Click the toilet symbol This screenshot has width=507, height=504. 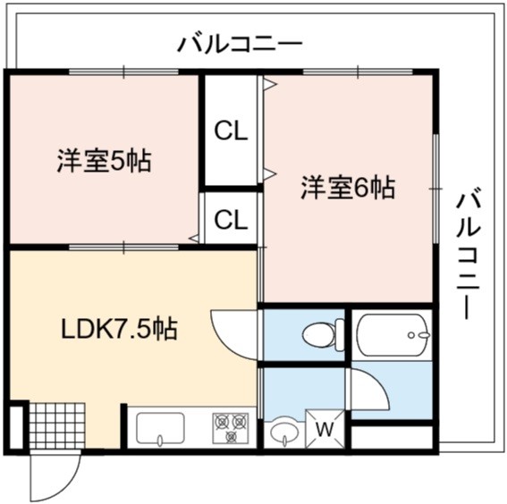coord(324,335)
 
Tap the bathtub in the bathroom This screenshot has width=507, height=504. coord(393,335)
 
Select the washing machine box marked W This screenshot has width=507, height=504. coord(325,429)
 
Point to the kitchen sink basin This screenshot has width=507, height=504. coord(160,428)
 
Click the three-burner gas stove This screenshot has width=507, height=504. coord(231,428)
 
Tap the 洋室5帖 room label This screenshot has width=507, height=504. coord(104,161)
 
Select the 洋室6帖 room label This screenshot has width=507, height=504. coord(348,188)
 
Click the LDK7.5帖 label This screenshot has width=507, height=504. coord(119,328)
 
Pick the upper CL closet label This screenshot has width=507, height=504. coord(231,131)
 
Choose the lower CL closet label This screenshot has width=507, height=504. coord(231,220)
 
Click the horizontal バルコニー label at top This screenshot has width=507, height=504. coord(240,45)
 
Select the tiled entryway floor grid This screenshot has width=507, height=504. coord(57,426)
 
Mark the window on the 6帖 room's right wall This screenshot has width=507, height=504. coord(435,188)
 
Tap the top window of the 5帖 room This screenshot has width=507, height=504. coord(123,71)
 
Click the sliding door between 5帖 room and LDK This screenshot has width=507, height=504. coord(123,248)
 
